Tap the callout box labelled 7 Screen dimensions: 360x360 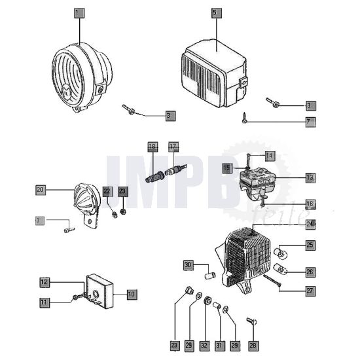click(x=310, y=122)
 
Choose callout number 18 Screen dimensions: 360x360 click(x=153, y=146)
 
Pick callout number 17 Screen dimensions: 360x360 click(x=173, y=146)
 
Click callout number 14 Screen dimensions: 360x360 click(x=269, y=155)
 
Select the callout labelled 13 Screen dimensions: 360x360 click(x=310, y=177)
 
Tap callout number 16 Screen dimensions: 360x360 click(x=310, y=204)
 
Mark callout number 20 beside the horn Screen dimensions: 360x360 click(x=41, y=190)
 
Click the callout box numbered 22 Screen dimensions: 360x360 click(x=107, y=191)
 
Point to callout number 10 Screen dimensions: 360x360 click(x=132, y=295)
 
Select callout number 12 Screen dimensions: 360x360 click(x=45, y=282)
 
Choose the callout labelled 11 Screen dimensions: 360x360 click(x=45, y=302)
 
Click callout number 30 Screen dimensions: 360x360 click(x=189, y=265)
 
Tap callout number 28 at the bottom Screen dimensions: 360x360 click(x=253, y=344)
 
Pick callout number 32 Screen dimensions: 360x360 click(x=204, y=344)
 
